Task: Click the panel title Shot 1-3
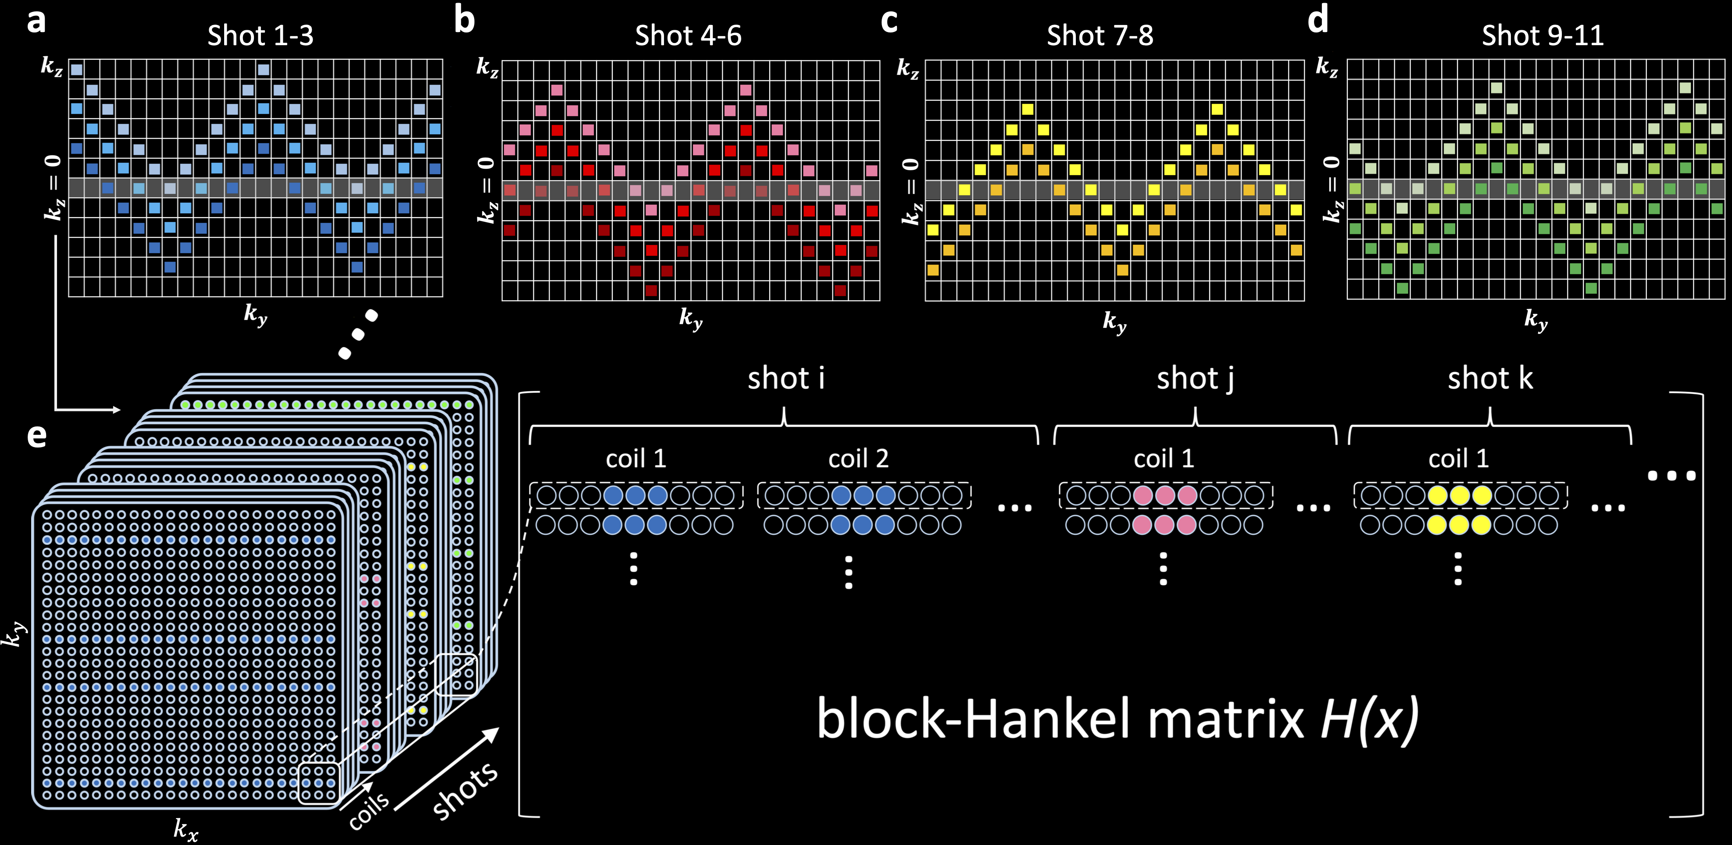(x=260, y=36)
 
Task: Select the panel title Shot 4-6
(x=688, y=36)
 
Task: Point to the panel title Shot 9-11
(x=1543, y=36)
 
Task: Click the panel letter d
(x=1318, y=20)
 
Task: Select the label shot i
(x=786, y=378)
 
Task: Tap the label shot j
(x=1195, y=378)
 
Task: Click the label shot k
(x=1490, y=378)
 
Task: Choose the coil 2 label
(x=858, y=459)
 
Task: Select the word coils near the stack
(x=368, y=810)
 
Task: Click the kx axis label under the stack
(x=186, y=829)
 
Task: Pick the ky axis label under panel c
(x=1114, y=322)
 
